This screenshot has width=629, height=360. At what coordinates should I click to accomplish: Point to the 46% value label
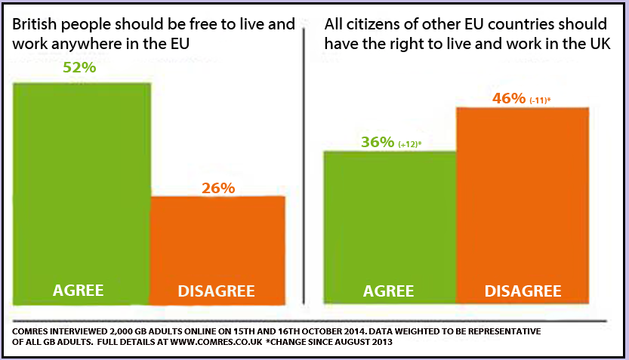pyautogui.click(x=509, y=98)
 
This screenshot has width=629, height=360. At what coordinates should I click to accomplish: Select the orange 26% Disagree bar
pyautogui.click(x=218, y=242)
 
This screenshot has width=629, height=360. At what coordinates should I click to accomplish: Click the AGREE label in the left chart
pyautogui.click(x=79, y=291)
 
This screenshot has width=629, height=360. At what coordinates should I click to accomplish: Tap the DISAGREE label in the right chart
pyautogui.click(x=523, y=291)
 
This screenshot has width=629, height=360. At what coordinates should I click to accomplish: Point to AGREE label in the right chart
pyautogui.click(x=389, y=291)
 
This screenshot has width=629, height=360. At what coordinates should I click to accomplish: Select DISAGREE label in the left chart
pyautogui.click(x=217, y=291)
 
